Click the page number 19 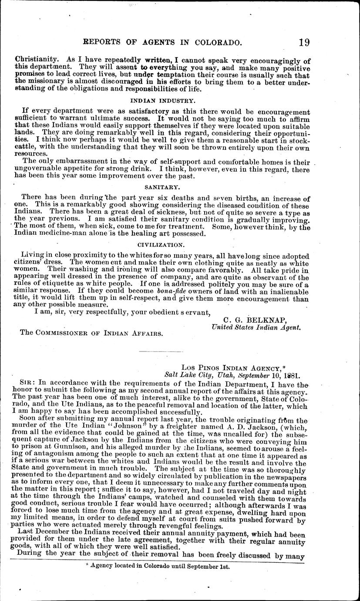pyautogui.click(x=304, y=42)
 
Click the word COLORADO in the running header pyautogui.click(x=216, y=43)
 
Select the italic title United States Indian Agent pyautogui.click(x=256, y=328)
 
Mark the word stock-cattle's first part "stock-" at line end pyautogui.click(x=297, y=139)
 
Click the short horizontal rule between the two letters pyautogui.click(x=160, y=351)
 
